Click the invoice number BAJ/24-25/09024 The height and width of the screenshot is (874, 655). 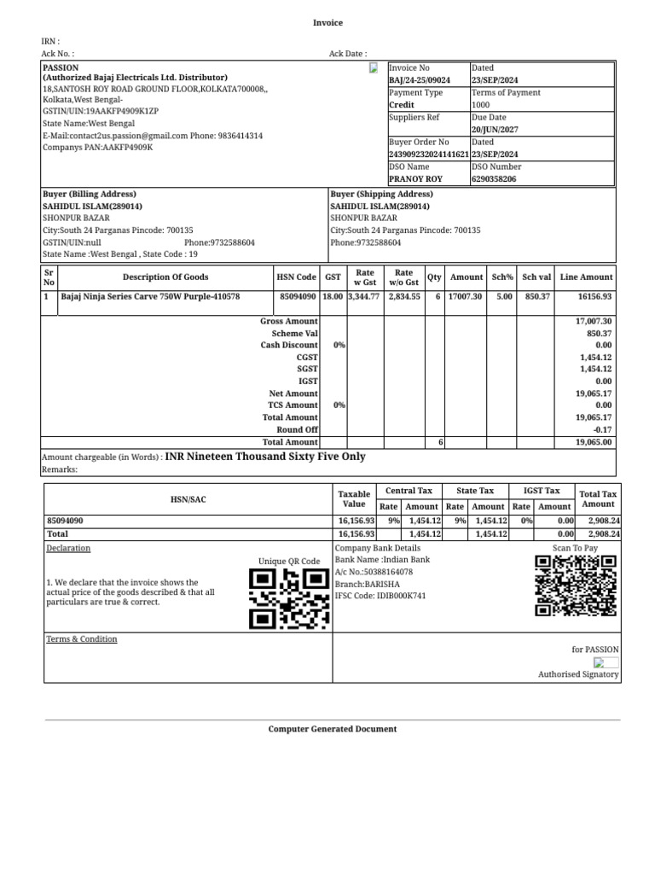419,80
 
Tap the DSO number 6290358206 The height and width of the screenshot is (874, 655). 496,179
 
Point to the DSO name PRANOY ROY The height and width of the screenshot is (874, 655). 415,179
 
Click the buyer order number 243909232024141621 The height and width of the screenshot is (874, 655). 428,154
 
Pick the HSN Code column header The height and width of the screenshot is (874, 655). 296,277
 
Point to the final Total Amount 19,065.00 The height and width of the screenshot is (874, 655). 594,443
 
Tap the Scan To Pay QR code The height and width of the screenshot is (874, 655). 575,586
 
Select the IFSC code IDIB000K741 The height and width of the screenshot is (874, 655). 380,596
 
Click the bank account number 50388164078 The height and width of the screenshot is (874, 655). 385,572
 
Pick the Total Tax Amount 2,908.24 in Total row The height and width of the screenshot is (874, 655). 604,533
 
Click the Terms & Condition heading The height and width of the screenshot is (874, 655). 82,639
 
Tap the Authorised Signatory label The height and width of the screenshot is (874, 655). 578,675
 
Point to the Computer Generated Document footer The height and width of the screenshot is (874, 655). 333,730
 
